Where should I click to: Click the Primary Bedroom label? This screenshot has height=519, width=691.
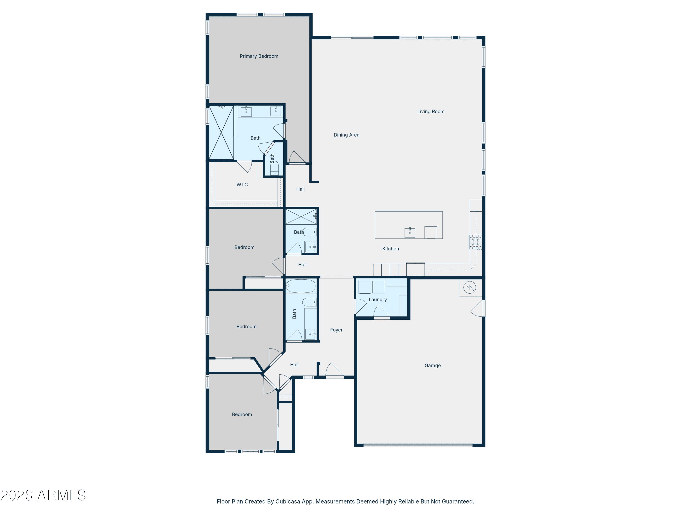pyautogui.click(x=259, y=56)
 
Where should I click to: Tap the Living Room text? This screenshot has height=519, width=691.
pyautogui.click(x=431, y=112)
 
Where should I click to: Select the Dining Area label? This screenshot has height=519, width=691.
pyautogui.click(x=346, y=135)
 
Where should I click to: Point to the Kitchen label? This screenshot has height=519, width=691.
pyautogui.click(x=390, y=249)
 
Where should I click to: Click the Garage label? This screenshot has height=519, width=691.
pyautogui.click(x=433, y=365)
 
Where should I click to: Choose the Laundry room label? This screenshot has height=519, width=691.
pyautogui.click(x=378, y=300)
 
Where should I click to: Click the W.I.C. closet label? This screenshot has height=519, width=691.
pyautogui.click(x=243, y=185)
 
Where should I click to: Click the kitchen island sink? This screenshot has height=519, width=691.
pyautogui.click(x=410, y=233)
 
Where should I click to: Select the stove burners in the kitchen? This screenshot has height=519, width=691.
pyautogui.click(x=475, y=242)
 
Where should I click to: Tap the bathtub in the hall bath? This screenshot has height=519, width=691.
pyautogui.click(x=301, y=286)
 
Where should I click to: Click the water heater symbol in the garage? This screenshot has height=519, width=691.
pyautogui.click(x=469, y=287)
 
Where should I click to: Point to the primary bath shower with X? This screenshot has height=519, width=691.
pyautogui.click(x=221, y=133)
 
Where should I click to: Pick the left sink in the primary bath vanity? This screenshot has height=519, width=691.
pyautogui.click(x=246, y=111)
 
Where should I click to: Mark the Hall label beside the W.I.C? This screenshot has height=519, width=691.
pyautogui.click(x=300, y=189)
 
